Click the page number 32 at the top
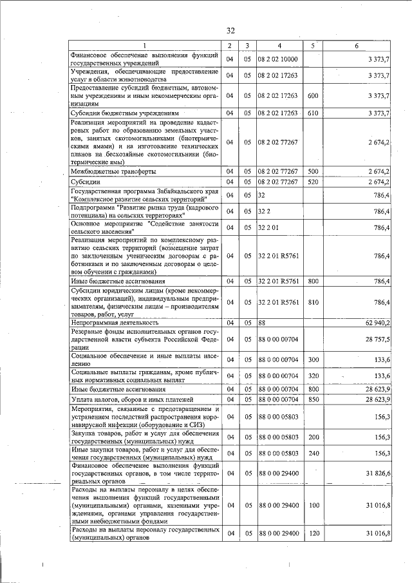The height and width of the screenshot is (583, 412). point(230,30)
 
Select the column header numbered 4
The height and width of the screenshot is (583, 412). point(279,45)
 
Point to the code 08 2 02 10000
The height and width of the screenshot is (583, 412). point(277,59)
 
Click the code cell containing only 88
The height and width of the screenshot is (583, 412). point(262,321)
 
